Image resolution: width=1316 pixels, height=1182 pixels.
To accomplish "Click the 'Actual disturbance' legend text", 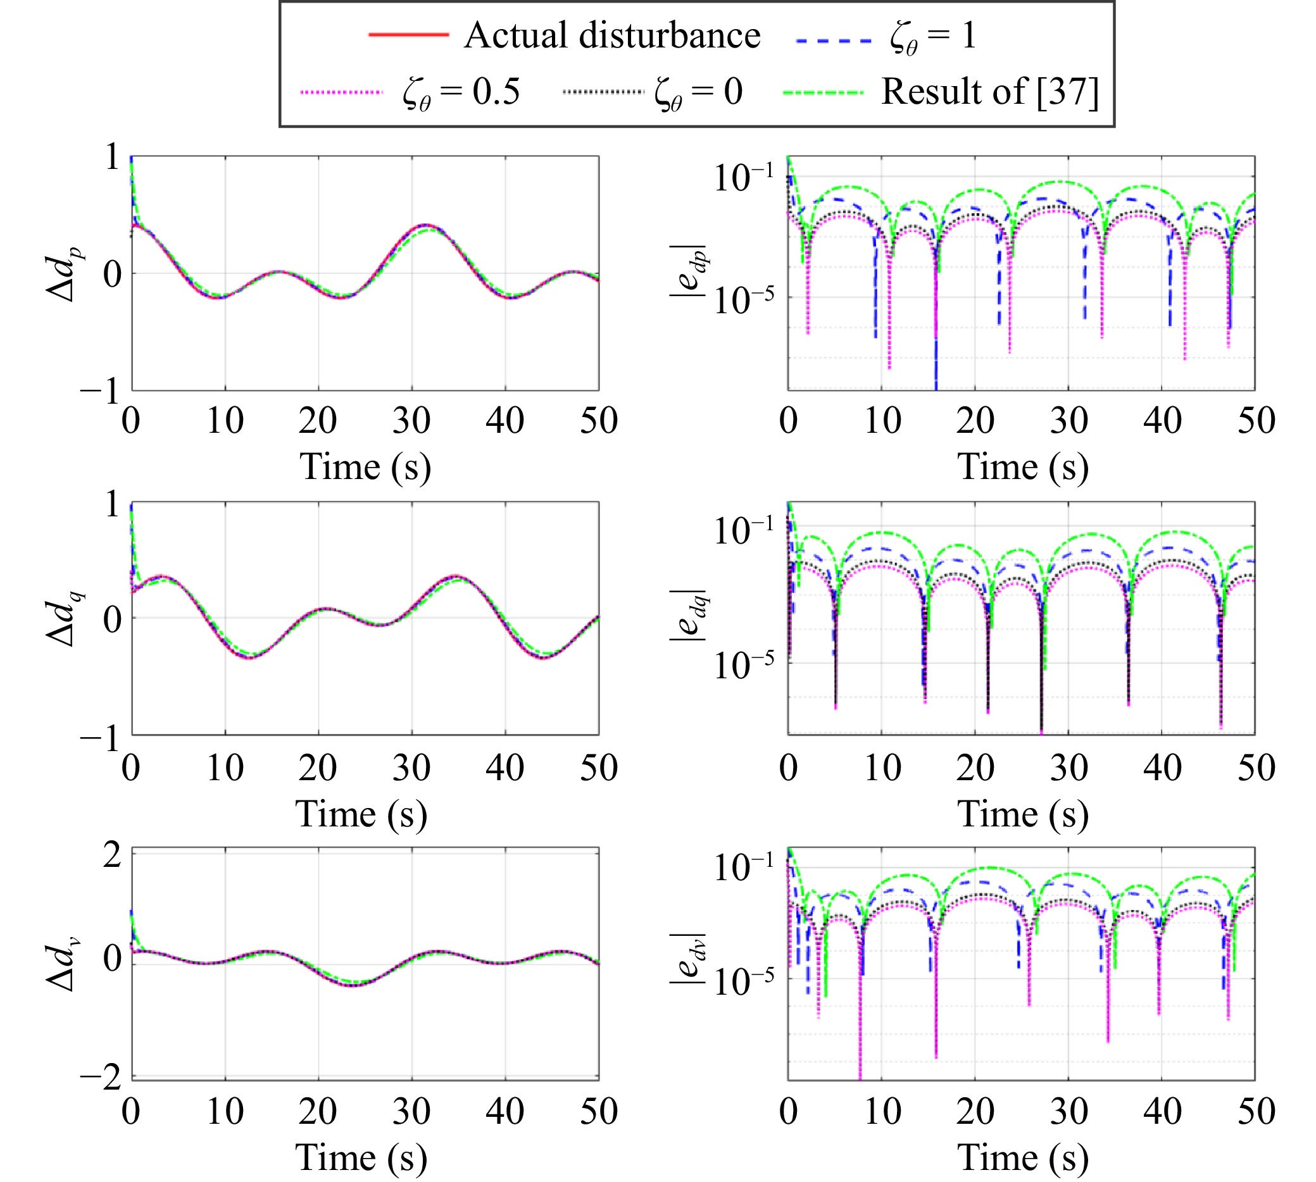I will click(x=612, y=35).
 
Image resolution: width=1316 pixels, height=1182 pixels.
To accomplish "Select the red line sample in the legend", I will click(x=408, y=34).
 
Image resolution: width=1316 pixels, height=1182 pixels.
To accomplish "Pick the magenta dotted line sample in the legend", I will click(x=342, y=92).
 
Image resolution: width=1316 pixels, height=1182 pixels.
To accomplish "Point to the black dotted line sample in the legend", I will click(x=603, y=92).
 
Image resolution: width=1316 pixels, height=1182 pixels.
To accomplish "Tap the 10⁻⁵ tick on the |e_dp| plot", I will click(x=744, y=300).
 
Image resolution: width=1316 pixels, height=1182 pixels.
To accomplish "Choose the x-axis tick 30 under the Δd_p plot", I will click(x=411, y=421).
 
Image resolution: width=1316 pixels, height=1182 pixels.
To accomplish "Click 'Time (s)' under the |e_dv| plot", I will click(x=1023, y=1158).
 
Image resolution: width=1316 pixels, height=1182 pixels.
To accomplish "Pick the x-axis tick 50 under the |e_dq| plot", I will click(x=1256, y=768).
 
